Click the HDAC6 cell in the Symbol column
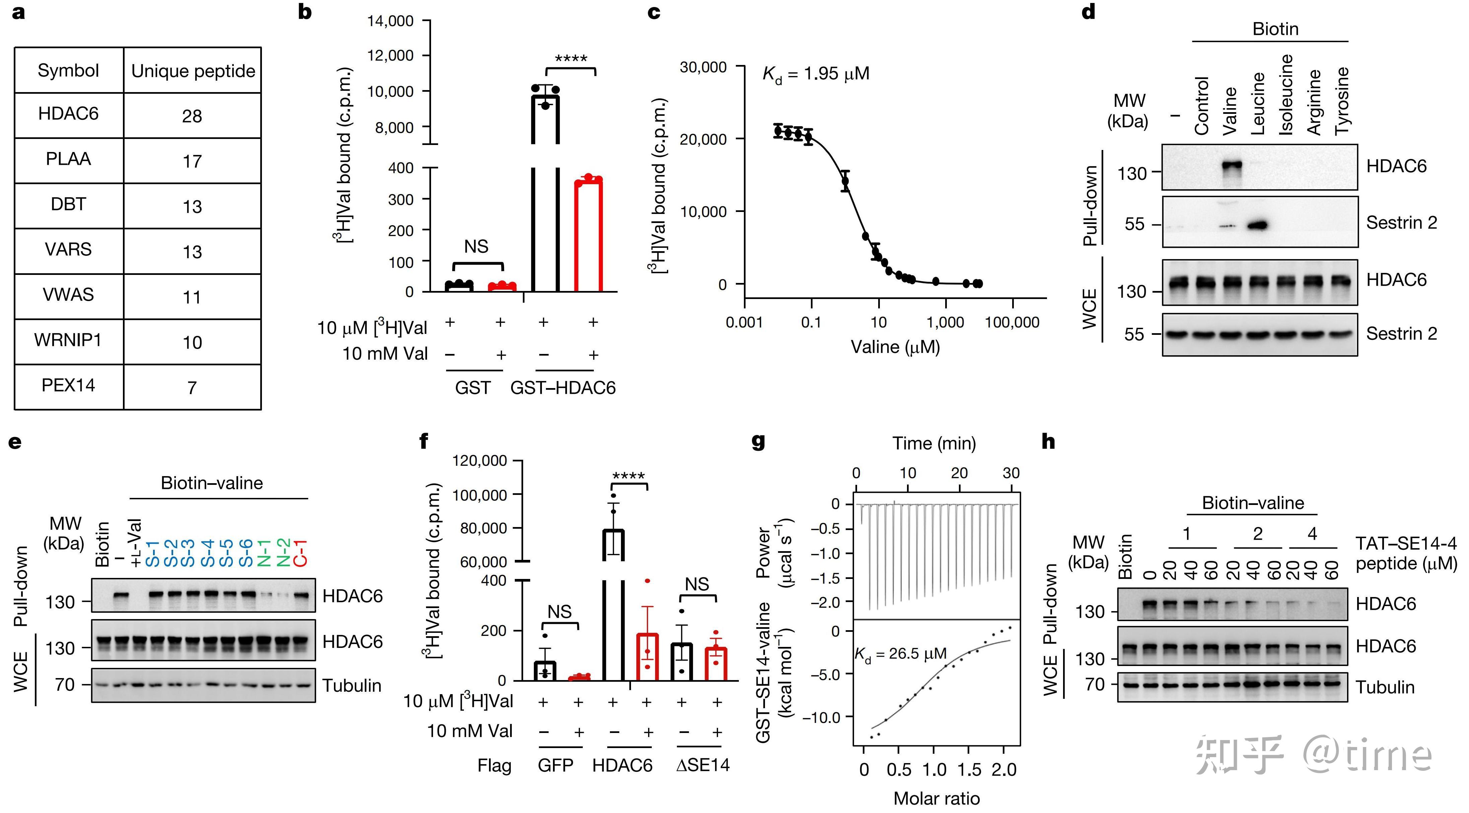click(x=68, y=114)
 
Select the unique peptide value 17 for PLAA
click(x=192, y=161)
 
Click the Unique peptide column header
click(x=193, y=71)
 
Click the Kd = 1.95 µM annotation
click(x=816, y=74)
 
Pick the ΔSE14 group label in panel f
click(x=703, y=765)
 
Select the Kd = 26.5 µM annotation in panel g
click(x=900, y=654)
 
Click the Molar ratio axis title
click(x=936, y=799)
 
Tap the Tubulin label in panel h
click(x=1385, y=687)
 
